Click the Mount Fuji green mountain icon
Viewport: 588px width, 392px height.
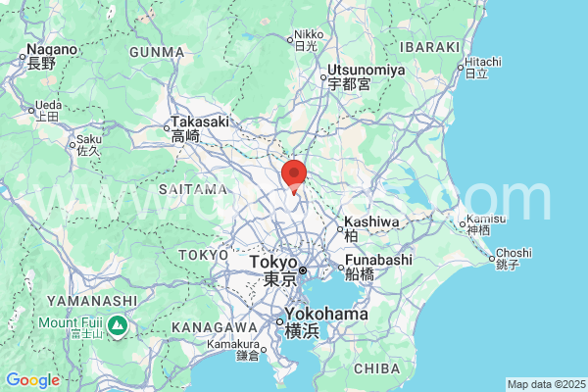pos(117,323)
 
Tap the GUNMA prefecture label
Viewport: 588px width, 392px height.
pos(157,51)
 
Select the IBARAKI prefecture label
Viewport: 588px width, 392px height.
pos(429,46)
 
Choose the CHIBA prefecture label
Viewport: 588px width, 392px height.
pos(375,368)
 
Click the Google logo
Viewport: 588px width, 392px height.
pos(32,380)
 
